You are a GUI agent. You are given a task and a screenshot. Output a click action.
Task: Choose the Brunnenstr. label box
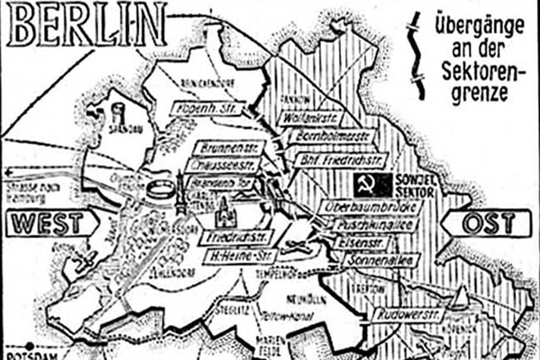(x=229, y=148)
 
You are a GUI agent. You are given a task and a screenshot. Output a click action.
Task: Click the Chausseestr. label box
(x=224, y=165)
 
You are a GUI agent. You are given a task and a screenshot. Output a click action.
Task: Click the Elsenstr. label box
(x=363, y=243)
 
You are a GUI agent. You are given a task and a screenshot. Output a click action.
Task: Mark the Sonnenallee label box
(x=382, y=259)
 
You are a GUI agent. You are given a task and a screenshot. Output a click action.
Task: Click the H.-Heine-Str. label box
(x=237, y=256)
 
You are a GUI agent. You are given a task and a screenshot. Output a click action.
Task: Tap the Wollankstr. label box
(x=310, y=118)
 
